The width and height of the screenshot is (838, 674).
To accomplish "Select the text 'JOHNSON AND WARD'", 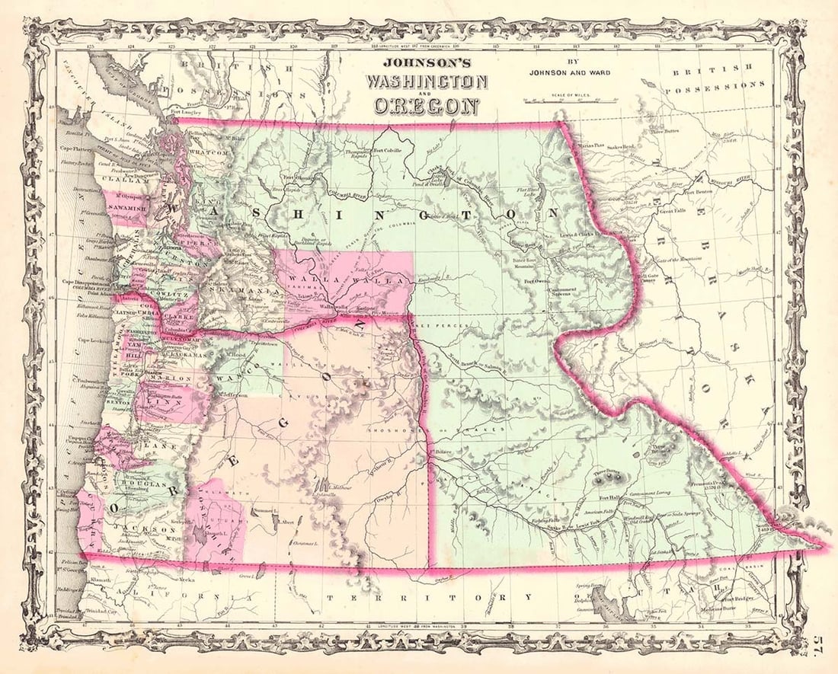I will [568, 73].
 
